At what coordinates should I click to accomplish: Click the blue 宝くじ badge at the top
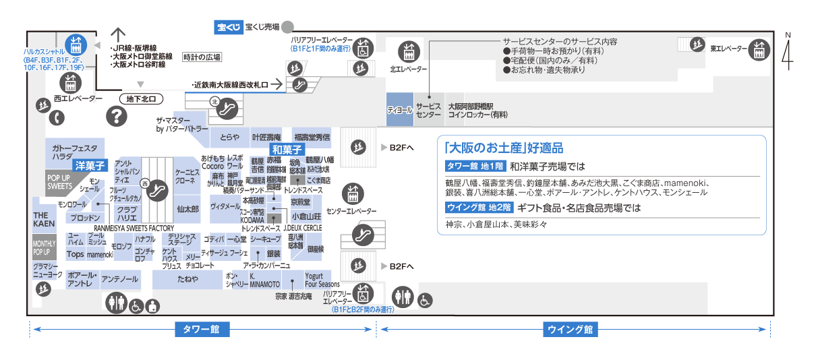228,28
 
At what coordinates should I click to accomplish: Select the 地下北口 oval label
141,99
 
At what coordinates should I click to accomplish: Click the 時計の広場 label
202,57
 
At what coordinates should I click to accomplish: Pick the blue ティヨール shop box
399,110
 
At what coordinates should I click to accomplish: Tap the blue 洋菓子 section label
89,164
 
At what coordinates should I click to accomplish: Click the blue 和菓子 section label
287,149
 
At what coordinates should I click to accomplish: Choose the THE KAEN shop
44,218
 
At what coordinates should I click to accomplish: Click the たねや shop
187,279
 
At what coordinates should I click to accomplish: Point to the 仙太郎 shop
187,210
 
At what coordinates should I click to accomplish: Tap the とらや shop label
229,137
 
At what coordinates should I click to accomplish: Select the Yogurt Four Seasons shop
322,280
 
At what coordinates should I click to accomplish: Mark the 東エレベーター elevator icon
759,49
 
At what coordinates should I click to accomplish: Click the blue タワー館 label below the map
202,330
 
